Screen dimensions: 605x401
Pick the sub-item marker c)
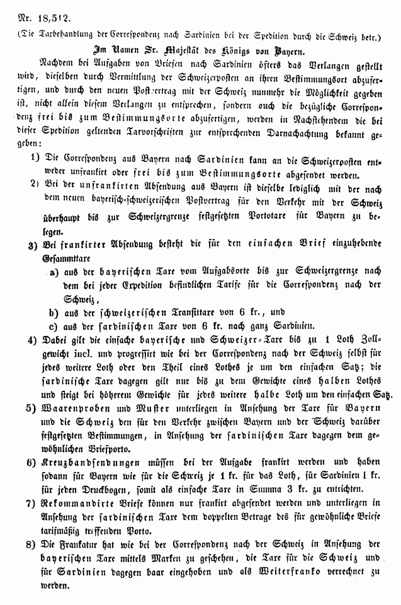click(x=55, y=325)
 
